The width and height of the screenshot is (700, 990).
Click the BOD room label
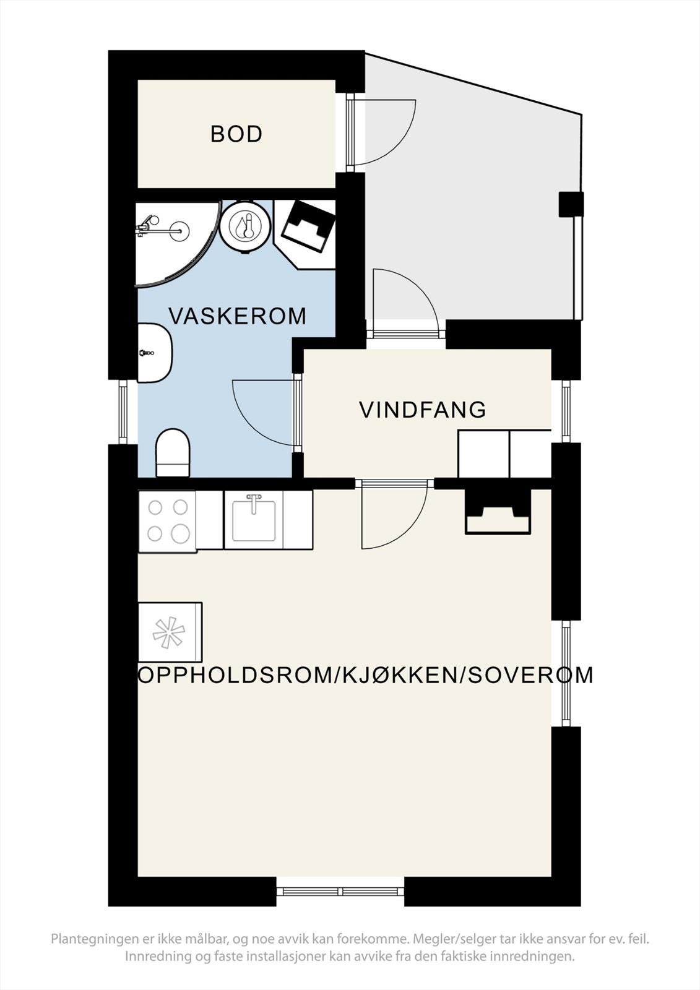236,134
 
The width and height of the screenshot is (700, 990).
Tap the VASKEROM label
238,316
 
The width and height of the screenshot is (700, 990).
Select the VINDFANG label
423,410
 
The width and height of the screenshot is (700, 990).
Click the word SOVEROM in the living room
530,675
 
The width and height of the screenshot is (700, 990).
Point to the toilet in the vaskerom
173,453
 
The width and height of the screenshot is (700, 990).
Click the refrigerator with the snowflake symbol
170,632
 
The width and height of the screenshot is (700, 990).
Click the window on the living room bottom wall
340,892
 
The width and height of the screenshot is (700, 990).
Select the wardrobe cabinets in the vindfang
504,453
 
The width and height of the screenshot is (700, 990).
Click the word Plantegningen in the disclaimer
94,939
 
